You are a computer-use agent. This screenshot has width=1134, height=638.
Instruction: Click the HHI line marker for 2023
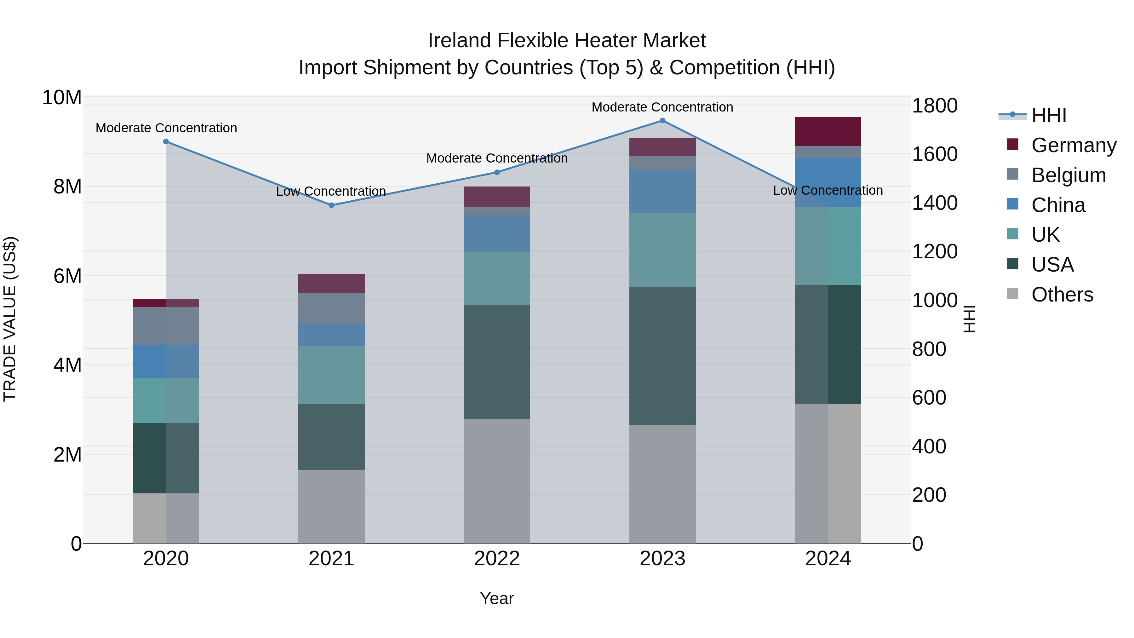pyautogui.click(x=662, y=120)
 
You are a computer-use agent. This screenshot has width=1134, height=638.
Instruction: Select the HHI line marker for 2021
pyautogui.click(x=331, y=205)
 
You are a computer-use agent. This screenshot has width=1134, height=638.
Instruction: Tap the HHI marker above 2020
pyautogui.click(x=166, y=141)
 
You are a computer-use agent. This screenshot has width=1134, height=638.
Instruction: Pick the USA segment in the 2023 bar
pyautogui.click(x=662, y=356)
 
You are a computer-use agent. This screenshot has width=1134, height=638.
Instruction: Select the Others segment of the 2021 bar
pyautogui.click(x=331, y=506)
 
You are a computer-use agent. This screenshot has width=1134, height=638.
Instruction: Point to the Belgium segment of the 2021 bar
pyautogui.click(x=331, y=308)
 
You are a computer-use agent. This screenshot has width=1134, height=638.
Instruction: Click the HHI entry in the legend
pyautogui.click(x=1049, y=115)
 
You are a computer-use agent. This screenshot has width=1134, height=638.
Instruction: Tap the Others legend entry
pyautogui.click(x=1062, y=295)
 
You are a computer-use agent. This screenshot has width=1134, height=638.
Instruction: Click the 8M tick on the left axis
pyautogui.click(x=67, y=187)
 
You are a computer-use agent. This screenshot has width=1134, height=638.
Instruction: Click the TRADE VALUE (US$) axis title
pyautogui.click(x=10, y=319)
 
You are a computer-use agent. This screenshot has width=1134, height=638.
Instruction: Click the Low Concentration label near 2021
pyautogui.click(x=331, y=191)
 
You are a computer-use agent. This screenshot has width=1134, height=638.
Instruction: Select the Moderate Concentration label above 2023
pyautogui.click(x=662, y=107)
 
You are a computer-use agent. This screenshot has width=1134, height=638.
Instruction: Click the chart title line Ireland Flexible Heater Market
pyautogui.click(x=567, y=41)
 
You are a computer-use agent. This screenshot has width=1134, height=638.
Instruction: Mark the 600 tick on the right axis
pyautogui.click(x=929, y=398)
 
